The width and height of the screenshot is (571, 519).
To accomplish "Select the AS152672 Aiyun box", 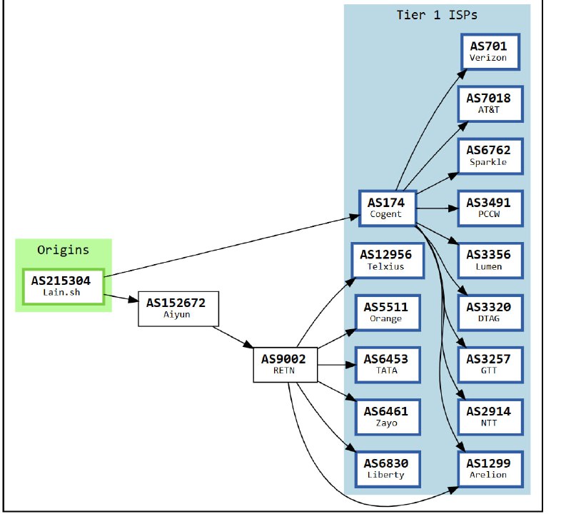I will [x=176, y=308].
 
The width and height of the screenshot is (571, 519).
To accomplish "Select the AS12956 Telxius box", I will [x=385, y=260].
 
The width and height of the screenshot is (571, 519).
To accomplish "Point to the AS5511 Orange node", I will [x=385, y=312].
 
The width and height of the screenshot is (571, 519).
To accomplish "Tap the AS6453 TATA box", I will [x=385, y=364].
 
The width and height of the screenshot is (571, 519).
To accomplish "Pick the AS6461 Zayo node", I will [x=385, y=416].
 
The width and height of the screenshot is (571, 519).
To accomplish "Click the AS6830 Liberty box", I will [x=385, y=468].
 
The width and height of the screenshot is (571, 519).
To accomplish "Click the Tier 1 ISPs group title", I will [x=437, y=15].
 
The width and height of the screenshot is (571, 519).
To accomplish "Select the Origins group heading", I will [x=64, y=250].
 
